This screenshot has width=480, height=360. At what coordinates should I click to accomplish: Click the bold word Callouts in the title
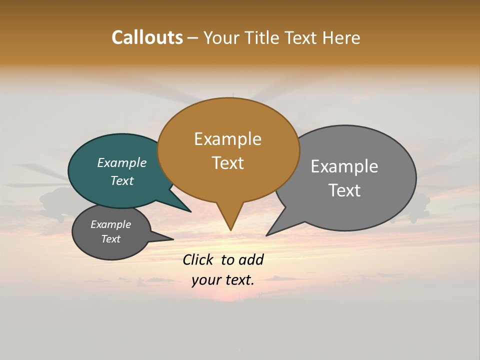pyautogui.click(x=147, y=37)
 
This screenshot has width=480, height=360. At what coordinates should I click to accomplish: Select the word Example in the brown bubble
pyautogui.click(x=227, y=139)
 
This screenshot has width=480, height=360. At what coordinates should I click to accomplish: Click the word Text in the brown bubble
pyautogui.click(x=227, y=163)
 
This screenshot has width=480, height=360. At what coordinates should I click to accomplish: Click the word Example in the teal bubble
pyautogui.click(x=121, y=162)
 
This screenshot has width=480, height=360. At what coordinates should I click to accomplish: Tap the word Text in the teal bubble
pyautogui.click(x=121, y=180)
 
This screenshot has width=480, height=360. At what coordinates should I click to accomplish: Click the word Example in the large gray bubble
pyautogui.click(x=344, y=166)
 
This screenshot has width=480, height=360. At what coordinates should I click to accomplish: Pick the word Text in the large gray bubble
pyautogui.click(x=344, y=190)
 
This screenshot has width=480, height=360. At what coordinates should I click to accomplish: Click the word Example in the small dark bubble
pyautogui.click(x=110, y=224)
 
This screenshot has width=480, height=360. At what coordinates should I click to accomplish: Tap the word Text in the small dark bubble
pyautogui.click(x=110, y=239)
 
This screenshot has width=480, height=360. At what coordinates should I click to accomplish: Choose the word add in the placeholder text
pyautogui.click(x=251, y=259)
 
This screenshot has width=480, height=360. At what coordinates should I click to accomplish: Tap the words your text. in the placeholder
pyautogui.click(x=222, y=280)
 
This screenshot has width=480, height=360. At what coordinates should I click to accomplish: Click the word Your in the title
pyautogui.click(x=221, y=37)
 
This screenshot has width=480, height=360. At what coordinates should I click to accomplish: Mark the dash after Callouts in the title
pyautogui.click(x=193, y=38)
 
